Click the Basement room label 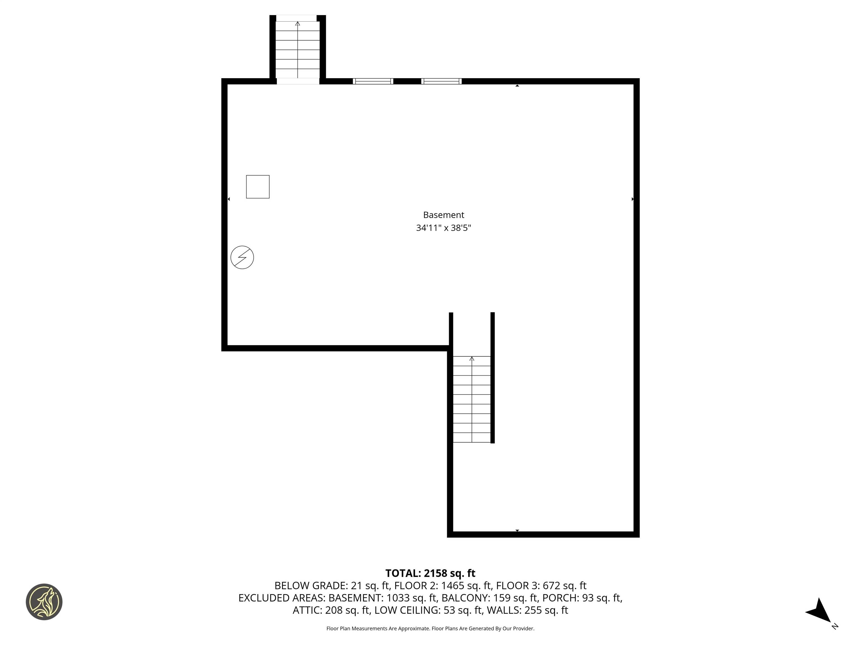click(x=443, y=215)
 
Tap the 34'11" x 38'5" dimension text click(x=443, y=228)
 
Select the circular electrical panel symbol click(x=242, y=257)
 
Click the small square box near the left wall click(x=258, y=187)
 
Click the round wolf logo click(x=44, y=602)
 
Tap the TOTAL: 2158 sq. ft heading click(x=430, y=573)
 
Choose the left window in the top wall click(x=373, y=81)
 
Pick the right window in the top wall click(x=441, y=81)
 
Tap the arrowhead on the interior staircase click(x=472, y=359)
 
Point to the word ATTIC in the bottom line click(x=307, y=610)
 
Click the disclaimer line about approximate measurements click(x=430, y=629)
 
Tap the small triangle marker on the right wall click(x=633, y=199)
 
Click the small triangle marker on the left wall click(x=229, y=199)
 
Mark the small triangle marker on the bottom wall click(x=517, y=530)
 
